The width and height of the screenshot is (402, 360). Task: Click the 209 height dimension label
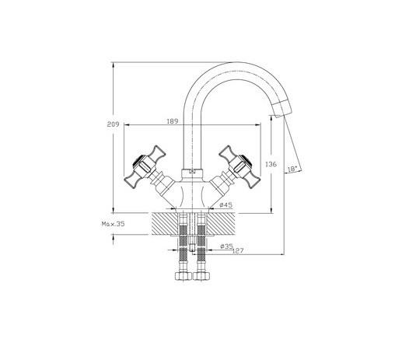click(x=113, y=124)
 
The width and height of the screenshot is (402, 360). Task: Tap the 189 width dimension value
click(x=173, y=121)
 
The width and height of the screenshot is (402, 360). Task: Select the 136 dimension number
click(x=271, y=164)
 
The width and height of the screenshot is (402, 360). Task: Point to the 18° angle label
click(x=292, y=170)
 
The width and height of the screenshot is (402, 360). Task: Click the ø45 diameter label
click(x=225, y=204)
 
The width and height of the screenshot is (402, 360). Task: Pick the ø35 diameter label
click(x=226, y=246)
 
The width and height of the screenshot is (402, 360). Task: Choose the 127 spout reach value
click(x=238, y=251)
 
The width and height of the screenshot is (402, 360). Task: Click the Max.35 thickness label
click(x=113, y=224)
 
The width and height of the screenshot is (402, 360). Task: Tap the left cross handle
click(x=145, y=167)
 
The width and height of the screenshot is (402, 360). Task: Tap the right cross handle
click(x=239, y=167)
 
